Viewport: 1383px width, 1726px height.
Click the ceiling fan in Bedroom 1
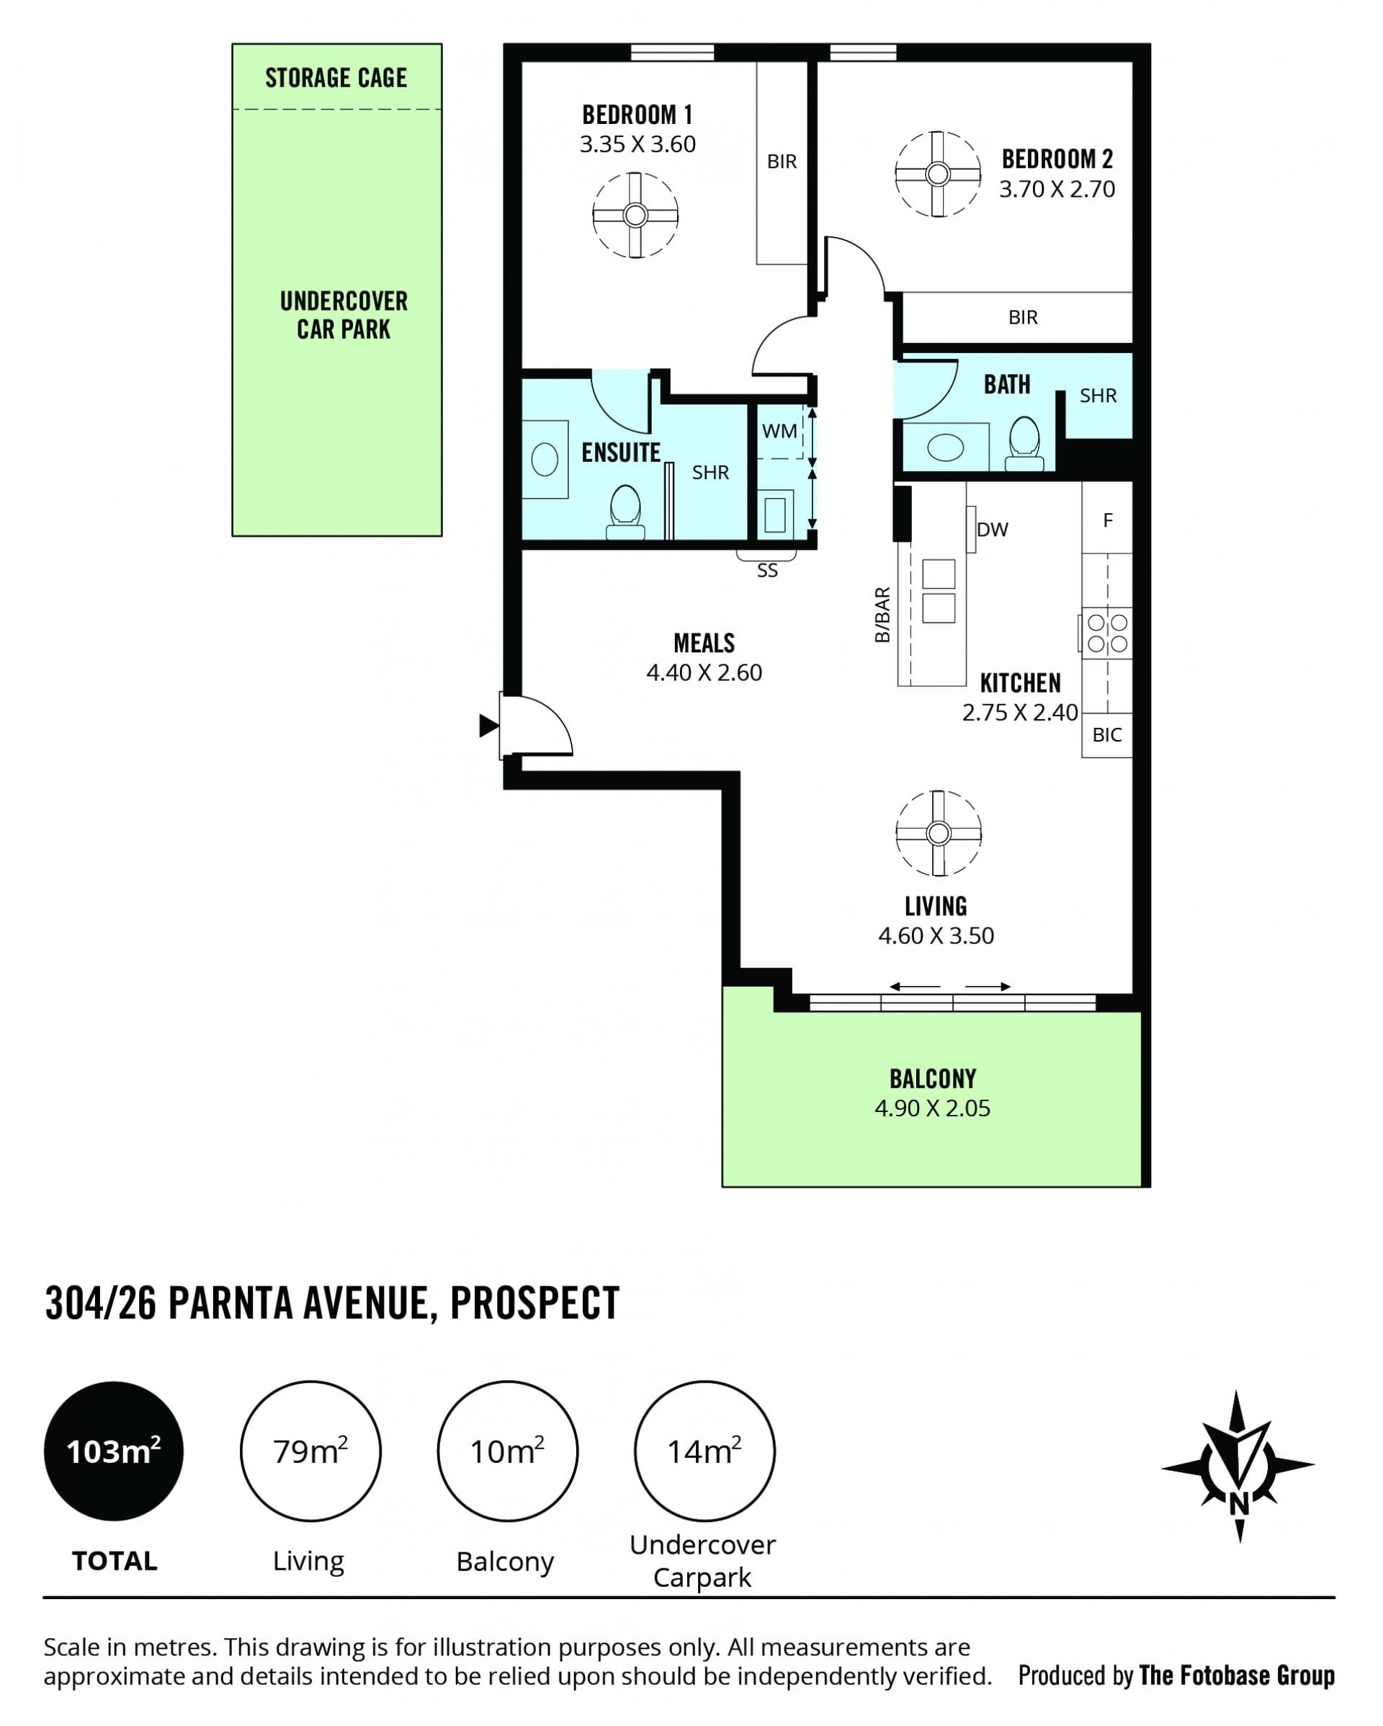tap(635, 215)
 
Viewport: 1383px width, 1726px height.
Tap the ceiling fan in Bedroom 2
tap(937, 174)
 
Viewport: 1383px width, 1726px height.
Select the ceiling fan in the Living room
tap(938, 833)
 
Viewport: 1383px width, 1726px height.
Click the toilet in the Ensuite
tap(625, 512)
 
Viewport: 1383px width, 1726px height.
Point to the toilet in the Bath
tap(1024, 442)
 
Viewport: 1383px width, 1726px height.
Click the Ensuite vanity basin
tap(545, 461)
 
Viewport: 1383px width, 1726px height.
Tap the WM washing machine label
tap(779, 432)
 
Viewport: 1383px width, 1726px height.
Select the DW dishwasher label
tap(993, 529)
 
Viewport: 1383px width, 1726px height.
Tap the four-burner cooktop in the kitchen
tap(1107, 633)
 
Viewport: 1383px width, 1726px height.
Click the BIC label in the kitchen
tap(1107, 735)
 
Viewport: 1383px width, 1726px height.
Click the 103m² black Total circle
tap(114, 1451)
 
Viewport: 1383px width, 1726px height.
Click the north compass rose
tap(1238, 1467)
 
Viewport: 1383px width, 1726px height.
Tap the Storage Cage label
tap(336, 78)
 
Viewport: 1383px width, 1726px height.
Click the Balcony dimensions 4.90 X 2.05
tap(932, 1108)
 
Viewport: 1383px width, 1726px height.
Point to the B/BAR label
tap(882, 615)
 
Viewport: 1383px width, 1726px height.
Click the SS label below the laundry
tap(766, 571)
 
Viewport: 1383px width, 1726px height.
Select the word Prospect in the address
tap(534, 1304)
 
